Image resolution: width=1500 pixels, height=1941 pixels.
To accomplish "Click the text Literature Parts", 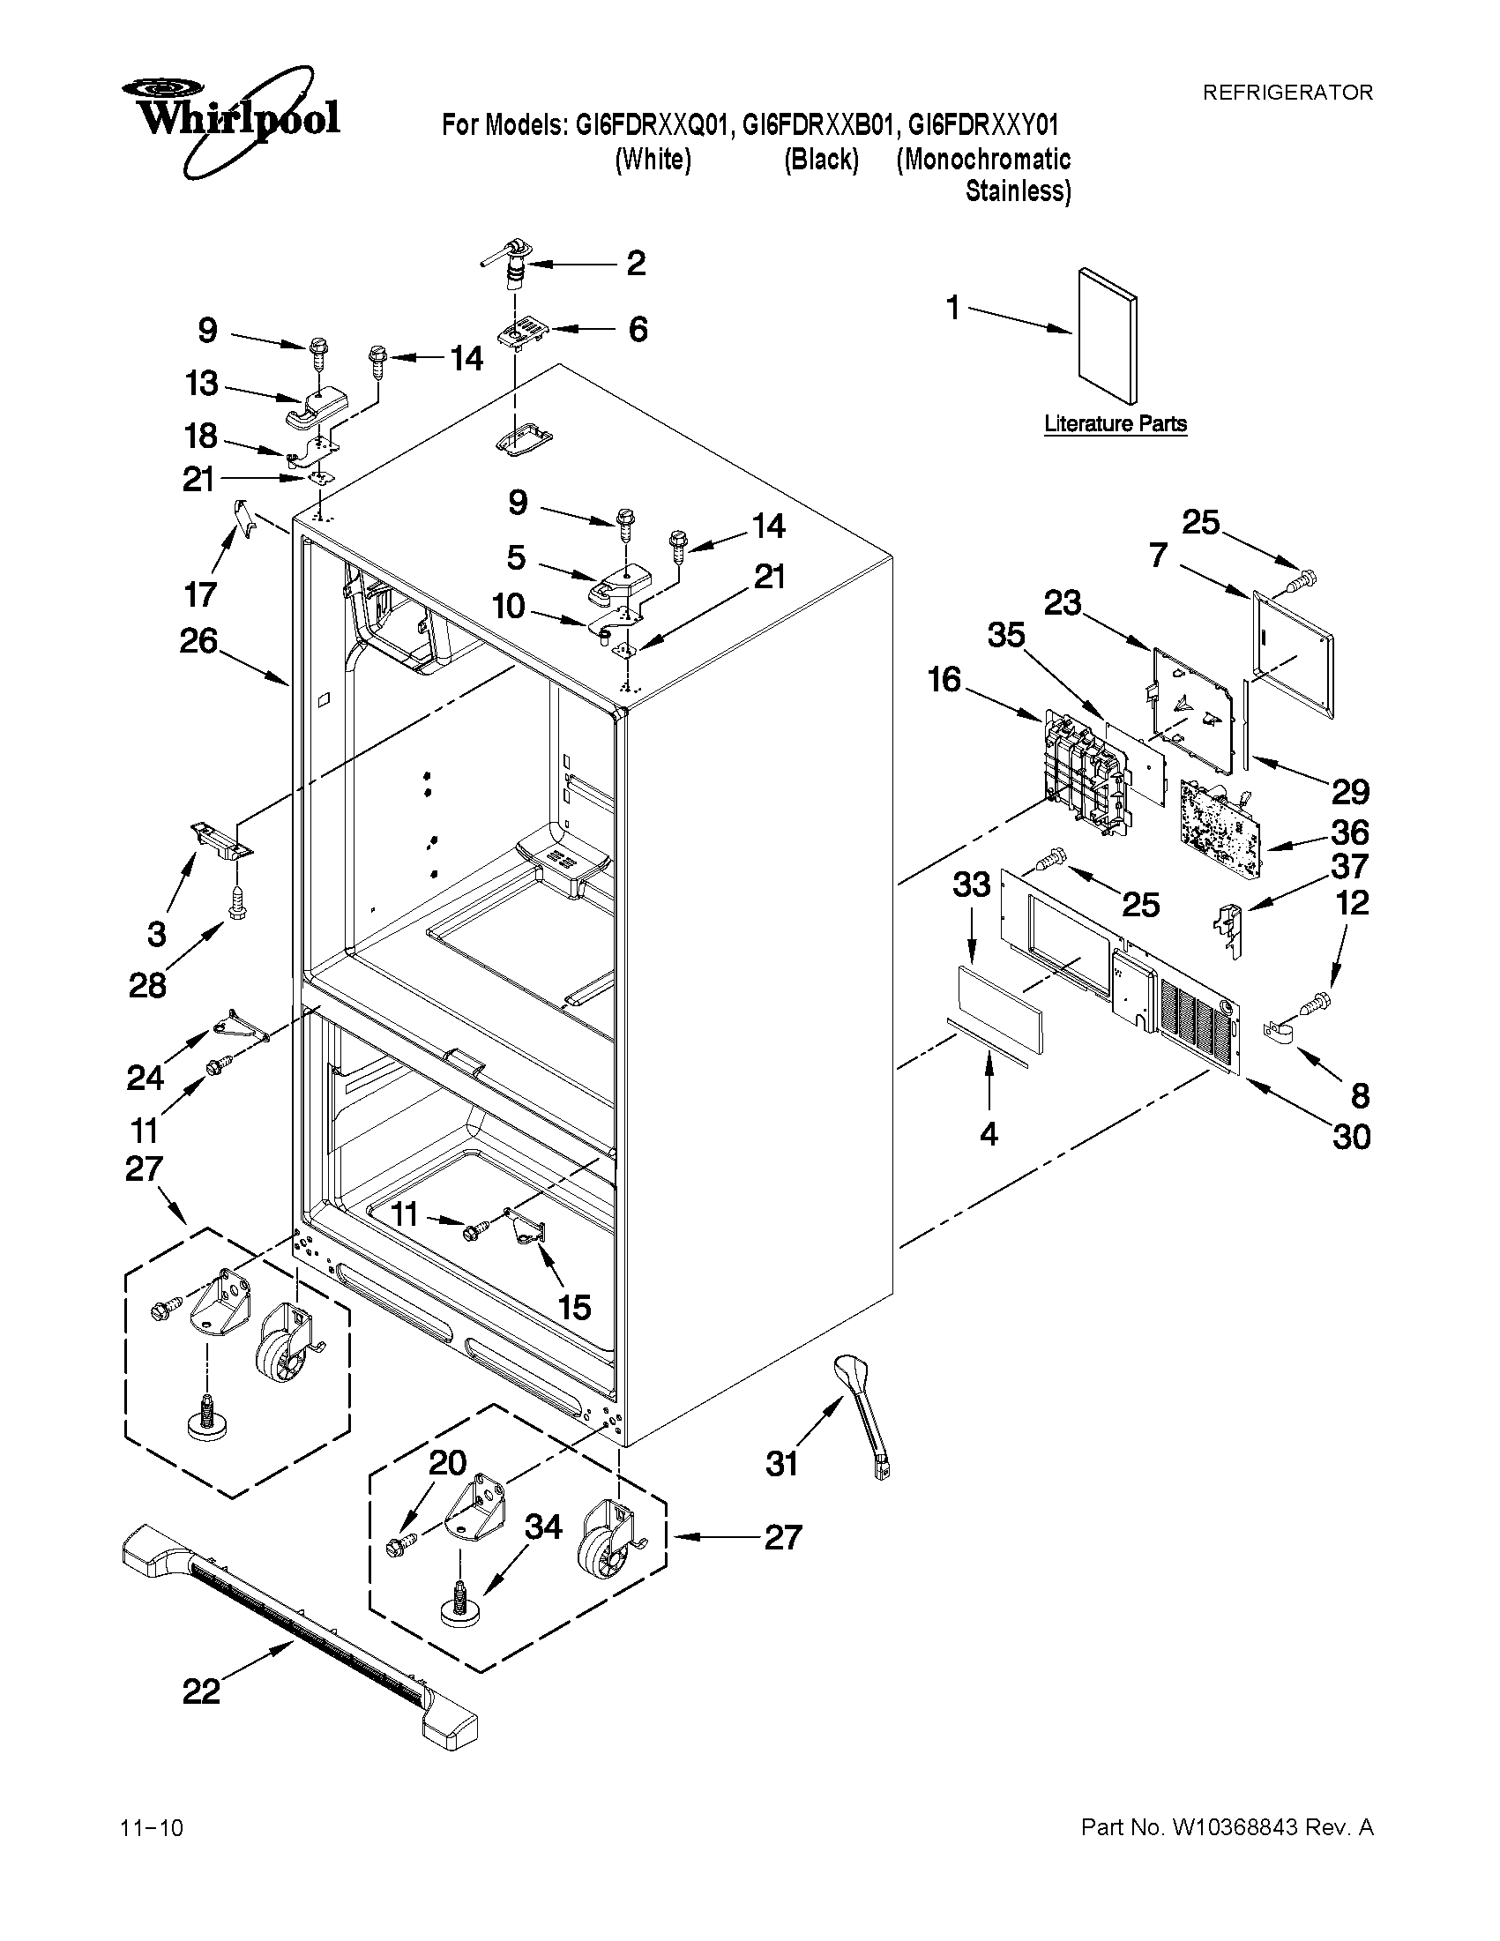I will click(x=1116, y=424).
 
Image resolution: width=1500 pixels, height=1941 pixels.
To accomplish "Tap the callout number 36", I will click(x=1350, y=832).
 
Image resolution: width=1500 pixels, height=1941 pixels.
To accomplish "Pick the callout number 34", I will click(x=543, y=1527).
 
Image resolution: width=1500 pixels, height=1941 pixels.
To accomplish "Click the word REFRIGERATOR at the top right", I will click(x=1287, y=93).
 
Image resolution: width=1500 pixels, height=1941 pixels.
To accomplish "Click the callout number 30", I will click(x=1351, y=1137).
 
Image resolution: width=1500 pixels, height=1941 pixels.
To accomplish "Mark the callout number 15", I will click(x=575, y=1306).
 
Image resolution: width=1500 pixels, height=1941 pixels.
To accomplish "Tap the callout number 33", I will click(x=971, y=886).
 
